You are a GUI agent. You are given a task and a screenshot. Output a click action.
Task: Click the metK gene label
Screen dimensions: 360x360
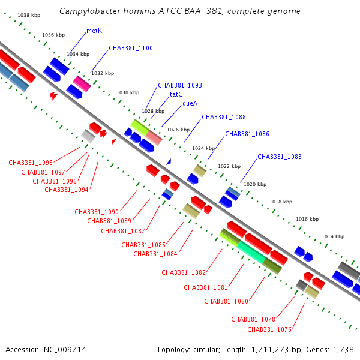point(94,31)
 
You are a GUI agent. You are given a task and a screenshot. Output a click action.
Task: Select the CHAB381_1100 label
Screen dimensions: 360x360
point(131,48)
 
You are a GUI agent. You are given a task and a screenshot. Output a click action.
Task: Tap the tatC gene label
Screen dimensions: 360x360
point(176,94)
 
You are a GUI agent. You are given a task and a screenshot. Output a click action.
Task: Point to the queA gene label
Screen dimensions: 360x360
point(190,104)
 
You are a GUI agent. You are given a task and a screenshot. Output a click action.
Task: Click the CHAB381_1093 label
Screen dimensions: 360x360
point(180,85)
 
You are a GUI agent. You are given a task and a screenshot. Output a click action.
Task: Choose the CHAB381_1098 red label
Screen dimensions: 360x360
point(31,163)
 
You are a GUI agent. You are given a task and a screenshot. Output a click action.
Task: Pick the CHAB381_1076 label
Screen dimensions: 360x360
point(269,329)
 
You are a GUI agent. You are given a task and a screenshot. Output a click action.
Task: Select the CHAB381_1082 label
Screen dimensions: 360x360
point(184,272)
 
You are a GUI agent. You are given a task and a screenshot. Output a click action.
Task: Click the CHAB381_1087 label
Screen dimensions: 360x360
point(123,231)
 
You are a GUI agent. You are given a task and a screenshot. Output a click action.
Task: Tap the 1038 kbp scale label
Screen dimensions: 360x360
point(29,15)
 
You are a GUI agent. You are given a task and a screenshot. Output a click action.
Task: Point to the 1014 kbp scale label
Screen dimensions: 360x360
point(333,236)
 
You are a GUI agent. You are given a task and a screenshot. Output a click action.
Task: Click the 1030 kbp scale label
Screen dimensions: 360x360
point(128,92)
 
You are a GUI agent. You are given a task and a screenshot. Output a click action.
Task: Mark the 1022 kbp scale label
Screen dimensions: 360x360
point(229,166)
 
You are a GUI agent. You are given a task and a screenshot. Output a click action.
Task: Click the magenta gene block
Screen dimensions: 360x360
point(82,84)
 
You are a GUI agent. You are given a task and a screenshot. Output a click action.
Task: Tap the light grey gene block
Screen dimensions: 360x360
point(88,136)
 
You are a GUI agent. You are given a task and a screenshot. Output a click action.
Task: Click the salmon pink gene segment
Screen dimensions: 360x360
point(154,138)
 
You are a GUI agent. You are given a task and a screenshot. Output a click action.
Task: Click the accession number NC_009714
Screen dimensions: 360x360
point(65,350)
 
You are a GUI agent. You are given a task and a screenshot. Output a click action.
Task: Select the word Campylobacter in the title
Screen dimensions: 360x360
point(90,11)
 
